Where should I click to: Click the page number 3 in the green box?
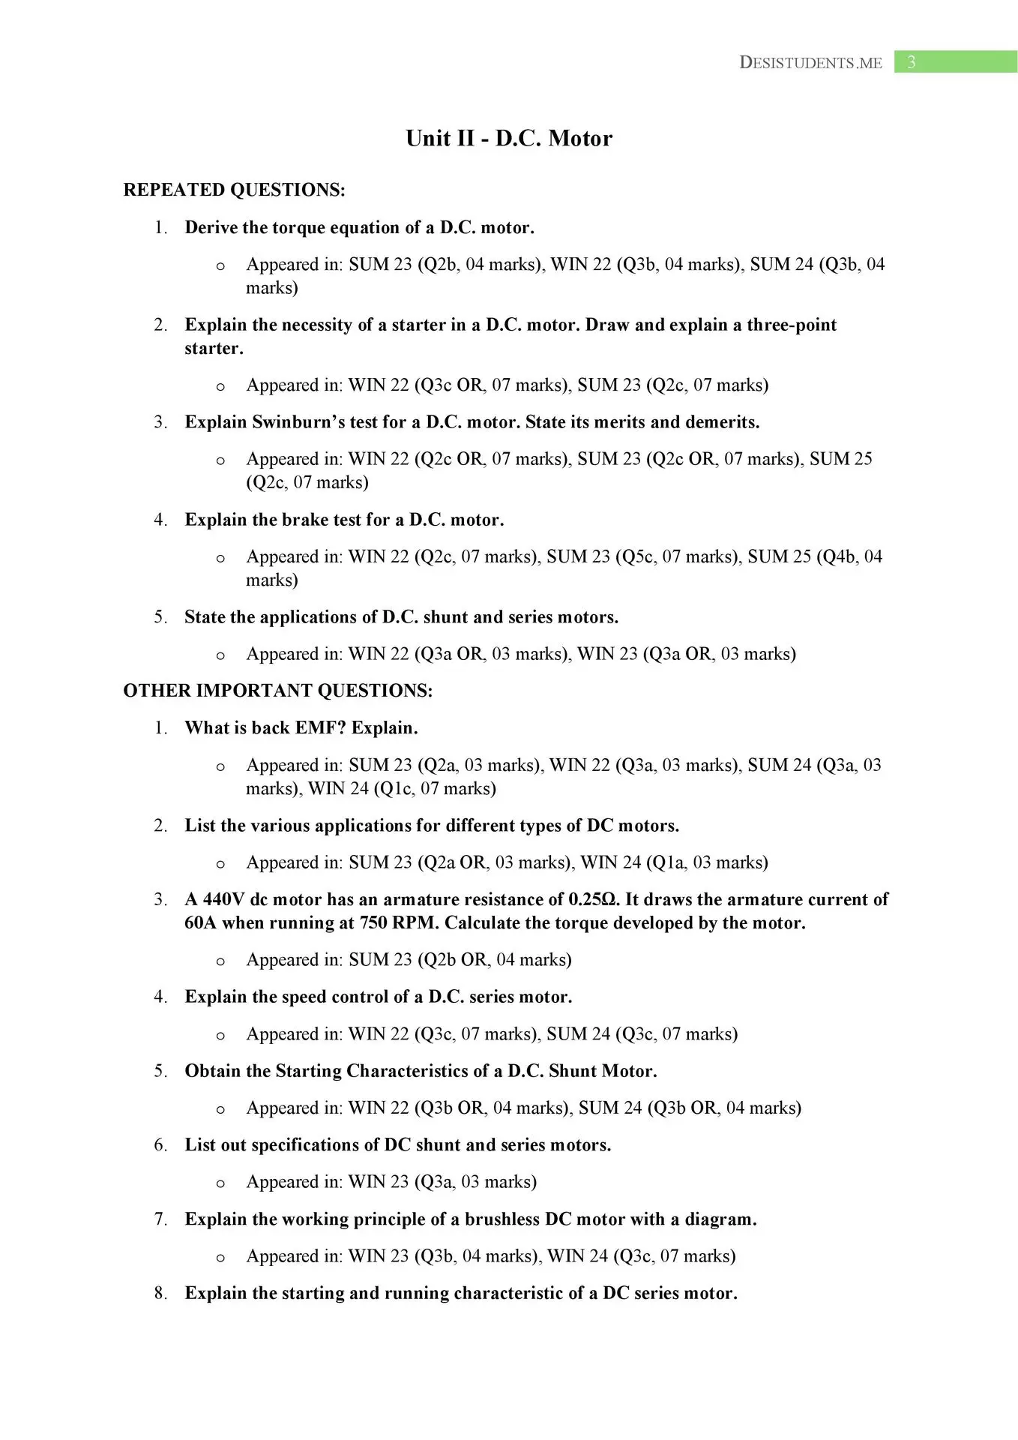[911, 62]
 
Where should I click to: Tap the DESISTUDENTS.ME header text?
[810, 63]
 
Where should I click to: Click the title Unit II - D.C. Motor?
[509, 139]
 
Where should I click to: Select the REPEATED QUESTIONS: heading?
[234, 190]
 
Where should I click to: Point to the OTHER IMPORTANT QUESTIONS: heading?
[277, 691]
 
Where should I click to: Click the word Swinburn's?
[298, 422]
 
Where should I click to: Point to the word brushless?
[502, 1219]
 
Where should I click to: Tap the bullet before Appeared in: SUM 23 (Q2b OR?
[220, 961]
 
